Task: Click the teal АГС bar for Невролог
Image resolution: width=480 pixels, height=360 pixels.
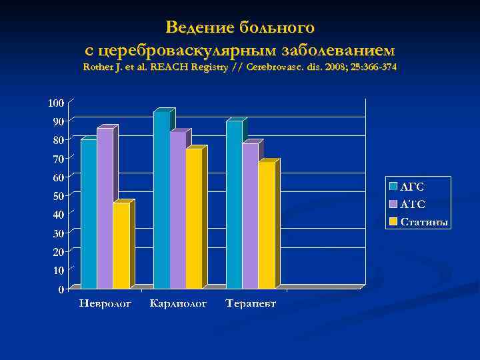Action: point(89,213)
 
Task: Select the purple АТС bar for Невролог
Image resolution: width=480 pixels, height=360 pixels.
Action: point(105,207)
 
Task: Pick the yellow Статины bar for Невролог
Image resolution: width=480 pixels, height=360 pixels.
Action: point(121,245)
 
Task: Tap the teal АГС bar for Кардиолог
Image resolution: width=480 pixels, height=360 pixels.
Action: point(161,199)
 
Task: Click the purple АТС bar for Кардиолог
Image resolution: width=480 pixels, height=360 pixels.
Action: point(177,210)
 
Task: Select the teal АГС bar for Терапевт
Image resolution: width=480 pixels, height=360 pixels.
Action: point(234,204)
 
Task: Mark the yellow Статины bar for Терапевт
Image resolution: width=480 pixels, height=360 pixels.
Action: point(266,225)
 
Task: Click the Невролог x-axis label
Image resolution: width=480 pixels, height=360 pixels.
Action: point(105,304)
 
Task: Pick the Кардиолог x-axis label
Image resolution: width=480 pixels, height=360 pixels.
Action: point(178,304)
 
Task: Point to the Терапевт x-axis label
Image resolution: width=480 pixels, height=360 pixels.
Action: point(251,304)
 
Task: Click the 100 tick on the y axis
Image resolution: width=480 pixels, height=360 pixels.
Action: point(55,103)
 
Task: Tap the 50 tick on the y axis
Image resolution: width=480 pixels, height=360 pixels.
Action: point(58,196)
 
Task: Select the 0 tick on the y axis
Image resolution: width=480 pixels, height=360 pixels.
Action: point(61,289)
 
